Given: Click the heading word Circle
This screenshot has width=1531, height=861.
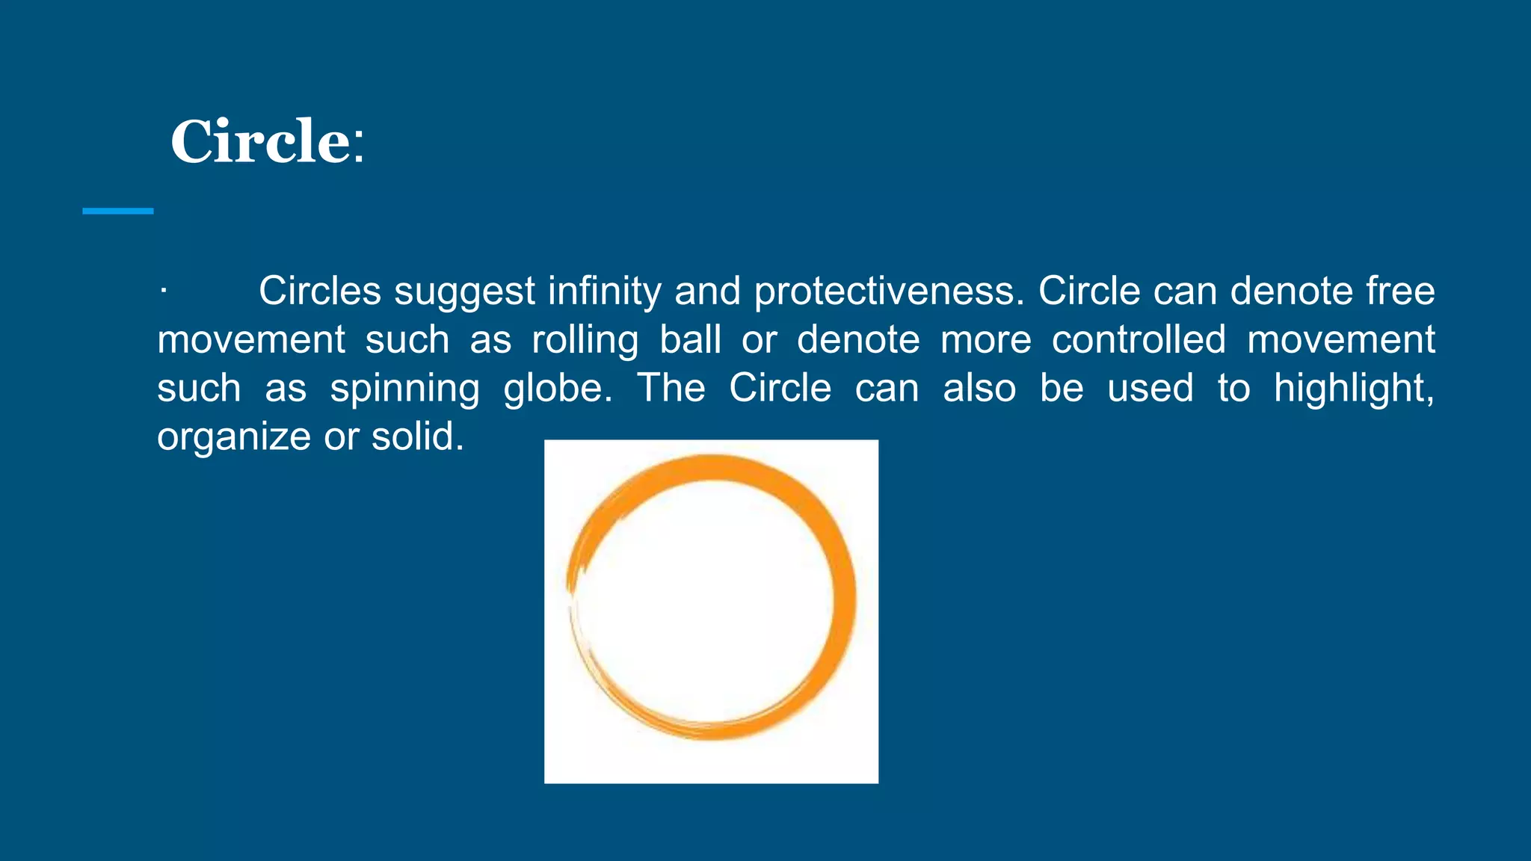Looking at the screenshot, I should coord(260,142).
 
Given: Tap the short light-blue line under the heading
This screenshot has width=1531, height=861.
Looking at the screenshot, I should coord(117,212).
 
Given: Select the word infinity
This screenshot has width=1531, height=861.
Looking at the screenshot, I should coord(604,291).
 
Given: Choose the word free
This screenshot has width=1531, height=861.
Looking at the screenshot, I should coord(1400,291).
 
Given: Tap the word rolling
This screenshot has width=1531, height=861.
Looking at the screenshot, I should coord(585,341).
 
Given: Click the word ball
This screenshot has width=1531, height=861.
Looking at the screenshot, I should coord(690,340).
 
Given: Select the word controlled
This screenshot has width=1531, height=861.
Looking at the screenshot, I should coord(1139,340).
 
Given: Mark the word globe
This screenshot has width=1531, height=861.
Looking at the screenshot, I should coord(557,389).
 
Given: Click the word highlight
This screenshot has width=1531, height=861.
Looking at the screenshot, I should coord(1353,389).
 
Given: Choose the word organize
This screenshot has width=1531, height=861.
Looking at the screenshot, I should coord(233,438).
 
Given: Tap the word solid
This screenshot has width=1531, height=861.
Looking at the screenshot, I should coord(417,436).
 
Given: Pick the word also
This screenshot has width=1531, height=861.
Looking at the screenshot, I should coord(979,389).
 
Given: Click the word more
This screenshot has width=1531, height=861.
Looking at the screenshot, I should coord(985,341).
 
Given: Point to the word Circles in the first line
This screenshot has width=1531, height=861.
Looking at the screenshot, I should coord(320,291).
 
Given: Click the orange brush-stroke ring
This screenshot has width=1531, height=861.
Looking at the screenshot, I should coord(843,598).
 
